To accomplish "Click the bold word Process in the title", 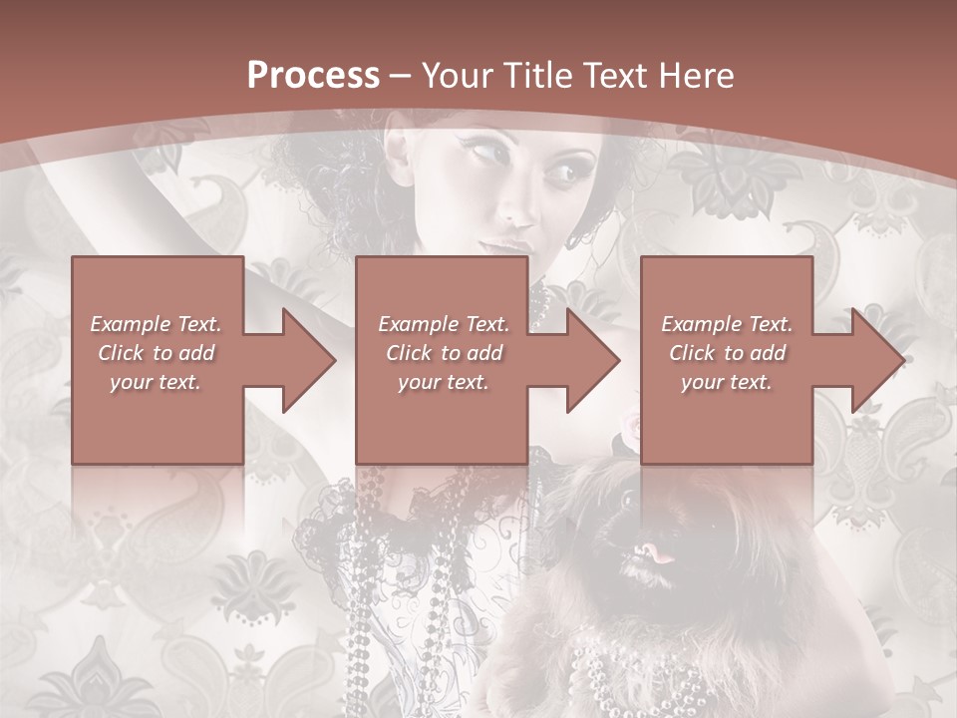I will click(x=313, y=75).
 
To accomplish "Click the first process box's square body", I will click(x=158, y=429).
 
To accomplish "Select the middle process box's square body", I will click(x=442, y=429).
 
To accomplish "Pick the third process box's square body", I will click(x=726, y=429).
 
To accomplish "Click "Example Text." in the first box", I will click(x=156, y=324).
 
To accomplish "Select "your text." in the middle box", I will click(x=443, y=382).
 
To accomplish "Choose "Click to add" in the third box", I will click(x=728, y=353).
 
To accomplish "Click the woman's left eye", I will click(x=560, y=173).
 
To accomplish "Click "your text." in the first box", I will click(x=156, y=382).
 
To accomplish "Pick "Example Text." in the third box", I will click(x=727, y=324).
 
